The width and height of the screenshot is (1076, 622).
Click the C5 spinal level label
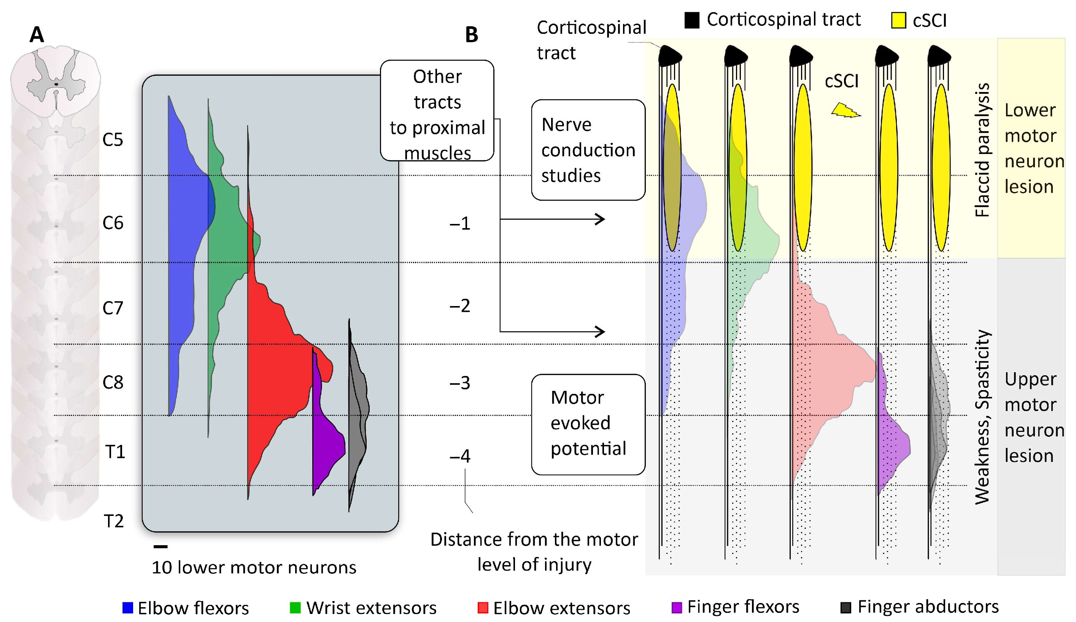tap(113, 140)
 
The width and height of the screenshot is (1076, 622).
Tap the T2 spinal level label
tap(114, 521)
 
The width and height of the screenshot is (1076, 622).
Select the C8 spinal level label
tap(113, 382)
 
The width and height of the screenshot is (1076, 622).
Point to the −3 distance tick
tap(460, 383)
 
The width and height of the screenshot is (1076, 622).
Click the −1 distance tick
tap(460, 224)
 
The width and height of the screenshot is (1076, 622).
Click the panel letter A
tap(37, 35)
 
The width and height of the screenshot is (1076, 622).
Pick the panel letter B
tap(471, 35)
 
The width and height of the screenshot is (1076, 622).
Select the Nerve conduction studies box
tap(588, 150)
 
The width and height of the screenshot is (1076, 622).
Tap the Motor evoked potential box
tap(588, 424)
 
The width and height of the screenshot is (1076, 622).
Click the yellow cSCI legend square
tap(898, 21)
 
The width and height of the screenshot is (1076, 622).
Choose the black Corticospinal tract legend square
tap(692, 20)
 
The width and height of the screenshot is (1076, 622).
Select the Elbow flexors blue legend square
tap(128, 608)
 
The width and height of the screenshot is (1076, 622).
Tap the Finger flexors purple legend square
tap(677, 607)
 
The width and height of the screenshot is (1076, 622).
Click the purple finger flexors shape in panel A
tap(327, 444)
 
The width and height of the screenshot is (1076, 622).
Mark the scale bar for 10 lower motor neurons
tap(161, 546)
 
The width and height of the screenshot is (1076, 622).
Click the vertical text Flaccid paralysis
tap(982, 150)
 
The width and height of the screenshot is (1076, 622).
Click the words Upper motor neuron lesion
tap(1033, 417)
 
